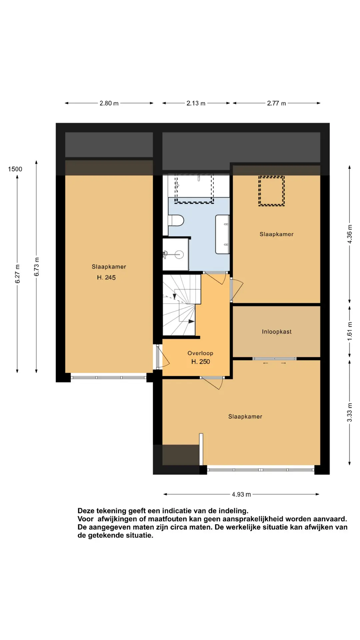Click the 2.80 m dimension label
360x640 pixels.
click(x=109, y=103)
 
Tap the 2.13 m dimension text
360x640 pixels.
click(x=196, y=103)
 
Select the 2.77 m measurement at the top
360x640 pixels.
click(x=276, y=103)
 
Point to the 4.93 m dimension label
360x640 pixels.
click(x=241, y=494)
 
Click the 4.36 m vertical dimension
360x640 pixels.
click(x=350, y=234)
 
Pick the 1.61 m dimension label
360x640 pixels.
click(x=350, y=331)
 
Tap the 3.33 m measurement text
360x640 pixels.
click(x=350, y=412)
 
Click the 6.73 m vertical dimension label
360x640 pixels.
click(x=37, y=267)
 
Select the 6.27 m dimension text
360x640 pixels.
click(x=18, y=274)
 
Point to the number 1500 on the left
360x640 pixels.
click(x=15, y=169)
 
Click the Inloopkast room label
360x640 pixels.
click(x=277, y=332)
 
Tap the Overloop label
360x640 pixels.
click(x=200, y=353)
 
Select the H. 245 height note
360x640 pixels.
click(x=106, y=277)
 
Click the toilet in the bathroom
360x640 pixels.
click(x=176, y=220)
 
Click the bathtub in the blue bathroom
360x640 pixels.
click(x=222, y=234)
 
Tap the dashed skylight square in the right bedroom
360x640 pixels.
click(x=271, y=191)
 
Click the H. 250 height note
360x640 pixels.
click(x=201, y=362)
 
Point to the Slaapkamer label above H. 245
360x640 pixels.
click(x=109, y=267)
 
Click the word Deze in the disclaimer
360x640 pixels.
click(x=86, y=511)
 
